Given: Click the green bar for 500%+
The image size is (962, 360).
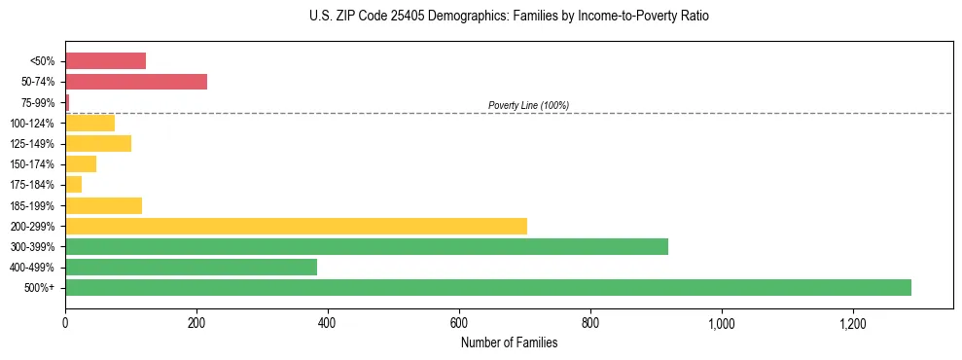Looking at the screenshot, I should point(487,287).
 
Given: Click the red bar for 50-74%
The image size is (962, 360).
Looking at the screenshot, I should point(136,82).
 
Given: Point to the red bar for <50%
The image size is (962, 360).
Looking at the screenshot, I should point(105,61).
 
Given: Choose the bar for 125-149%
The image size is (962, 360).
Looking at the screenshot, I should point(98,144).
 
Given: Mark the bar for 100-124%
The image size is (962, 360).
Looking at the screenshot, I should point(89,123).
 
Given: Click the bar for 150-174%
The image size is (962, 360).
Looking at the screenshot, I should point(81,163).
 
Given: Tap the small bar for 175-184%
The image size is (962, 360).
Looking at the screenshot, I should point(74,184).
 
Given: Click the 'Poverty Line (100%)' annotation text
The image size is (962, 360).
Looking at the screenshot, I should point(528,105).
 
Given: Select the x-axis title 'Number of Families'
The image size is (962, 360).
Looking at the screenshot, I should point(509,342).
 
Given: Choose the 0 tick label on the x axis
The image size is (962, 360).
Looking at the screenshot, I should point(65,321).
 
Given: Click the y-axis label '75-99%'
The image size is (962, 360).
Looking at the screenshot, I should point(40,102).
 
